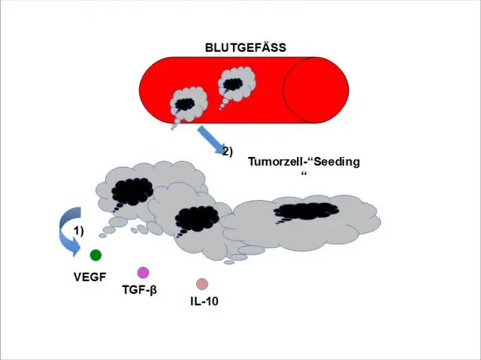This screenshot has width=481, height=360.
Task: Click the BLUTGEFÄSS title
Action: (x=245, y=47)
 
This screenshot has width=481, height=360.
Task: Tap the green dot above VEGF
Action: (x=95, y=256)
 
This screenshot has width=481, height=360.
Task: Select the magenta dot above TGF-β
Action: (x=143, y=272)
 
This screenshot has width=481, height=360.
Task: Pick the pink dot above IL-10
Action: (x=201, y=283)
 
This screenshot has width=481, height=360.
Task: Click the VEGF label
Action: (x=89, y=276)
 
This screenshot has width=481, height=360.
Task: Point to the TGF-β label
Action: (x=139, y=289)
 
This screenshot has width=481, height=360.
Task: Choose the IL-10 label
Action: (x=204, y=301)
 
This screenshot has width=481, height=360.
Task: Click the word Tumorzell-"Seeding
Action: (x=304, y=162)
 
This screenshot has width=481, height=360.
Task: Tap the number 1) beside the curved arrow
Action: (x=78, y=228)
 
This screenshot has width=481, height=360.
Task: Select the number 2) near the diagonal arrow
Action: (x=227, y=150)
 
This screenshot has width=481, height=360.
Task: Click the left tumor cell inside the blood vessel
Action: (x=186, y=103)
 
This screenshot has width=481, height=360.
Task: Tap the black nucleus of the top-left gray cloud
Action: (x=132, y=191)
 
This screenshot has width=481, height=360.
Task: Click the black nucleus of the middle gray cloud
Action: (x=197, y=217)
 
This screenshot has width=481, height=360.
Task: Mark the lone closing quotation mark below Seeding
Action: (x=304, y=174)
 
